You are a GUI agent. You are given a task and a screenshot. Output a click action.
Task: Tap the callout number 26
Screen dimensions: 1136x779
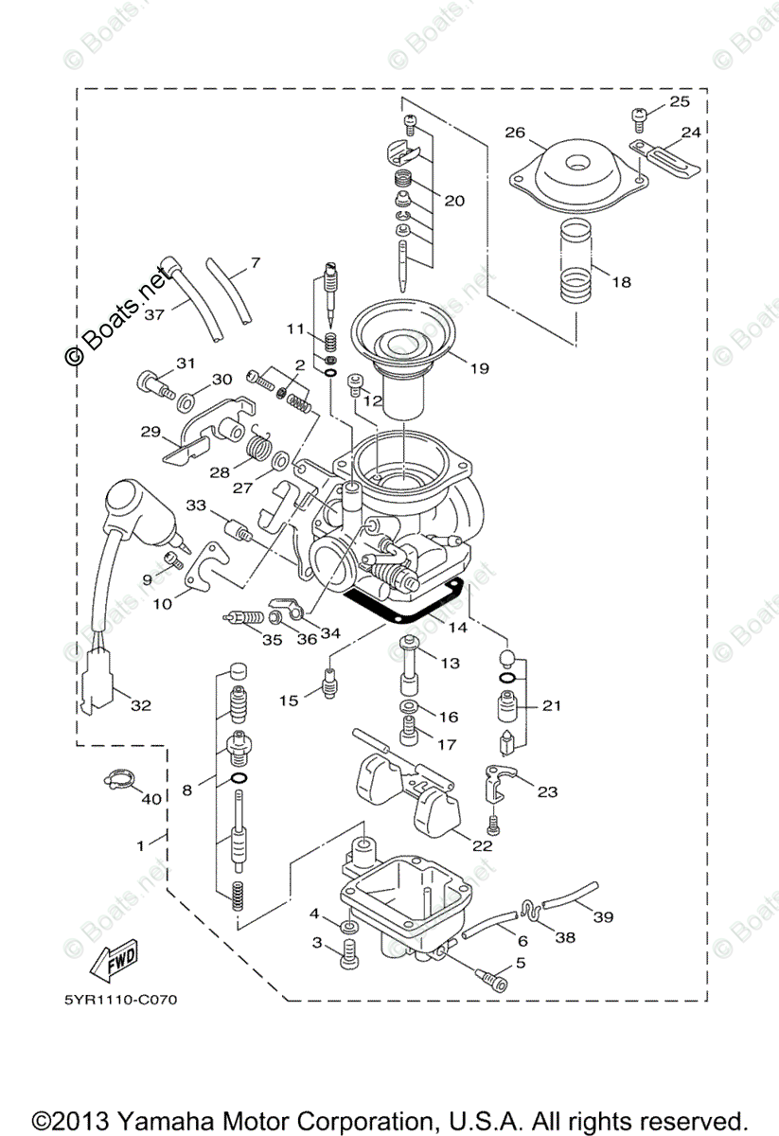[516, 133]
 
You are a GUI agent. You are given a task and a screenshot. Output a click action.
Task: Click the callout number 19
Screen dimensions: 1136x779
[479, 368]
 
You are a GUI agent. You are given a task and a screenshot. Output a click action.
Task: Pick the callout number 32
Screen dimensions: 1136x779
[140, 704]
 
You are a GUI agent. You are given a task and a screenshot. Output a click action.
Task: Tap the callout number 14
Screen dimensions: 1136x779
[458, 627]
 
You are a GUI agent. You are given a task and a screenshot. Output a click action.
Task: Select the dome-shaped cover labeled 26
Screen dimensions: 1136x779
[575, 175]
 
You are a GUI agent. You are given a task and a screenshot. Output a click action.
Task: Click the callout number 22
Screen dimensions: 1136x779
[482, 845]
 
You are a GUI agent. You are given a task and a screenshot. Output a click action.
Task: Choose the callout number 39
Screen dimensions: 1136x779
[603, 916]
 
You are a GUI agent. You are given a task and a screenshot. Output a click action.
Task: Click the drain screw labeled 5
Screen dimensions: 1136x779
[492, 982]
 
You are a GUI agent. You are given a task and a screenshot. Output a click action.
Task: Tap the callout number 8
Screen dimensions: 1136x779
[186, 789]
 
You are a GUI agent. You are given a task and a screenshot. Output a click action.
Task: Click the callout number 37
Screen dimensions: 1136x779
[154, 314]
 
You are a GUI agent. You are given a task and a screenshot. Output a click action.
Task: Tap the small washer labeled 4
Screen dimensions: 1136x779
[346, 924]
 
